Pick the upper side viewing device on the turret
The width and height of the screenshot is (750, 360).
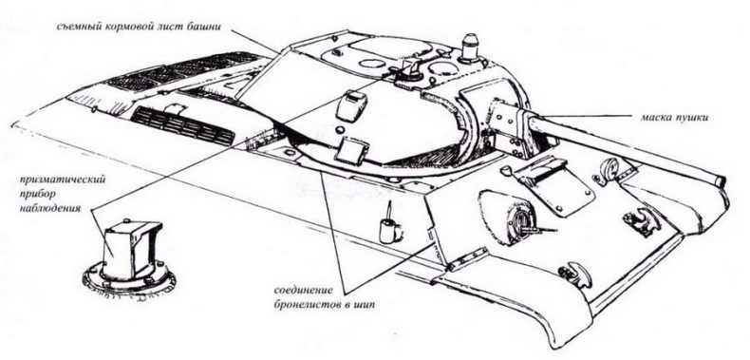pos(354,102)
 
